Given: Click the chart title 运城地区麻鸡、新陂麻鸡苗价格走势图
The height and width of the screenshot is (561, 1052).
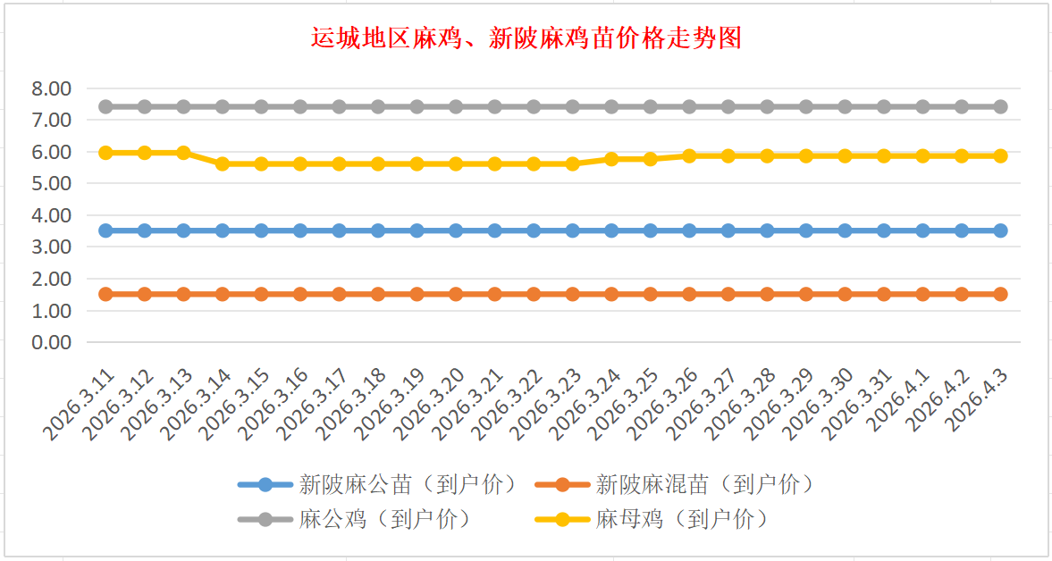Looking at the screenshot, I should coord(526,38).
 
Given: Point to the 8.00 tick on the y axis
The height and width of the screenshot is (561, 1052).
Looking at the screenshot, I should coord(51,88).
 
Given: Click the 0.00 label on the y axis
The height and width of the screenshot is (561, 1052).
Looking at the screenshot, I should coord(51,342).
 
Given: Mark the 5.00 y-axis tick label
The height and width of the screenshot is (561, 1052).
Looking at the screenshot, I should coord(51,184).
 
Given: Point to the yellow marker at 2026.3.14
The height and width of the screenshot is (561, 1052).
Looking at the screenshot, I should coord(223,163).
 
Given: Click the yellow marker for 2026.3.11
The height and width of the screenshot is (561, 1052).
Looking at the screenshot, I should coord(105,153).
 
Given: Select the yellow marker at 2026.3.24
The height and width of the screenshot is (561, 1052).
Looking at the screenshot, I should coord(611,159).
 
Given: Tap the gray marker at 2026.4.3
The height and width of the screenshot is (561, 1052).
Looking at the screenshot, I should coord(1001,107).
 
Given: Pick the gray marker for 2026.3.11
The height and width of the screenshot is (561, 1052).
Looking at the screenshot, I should coord(105,107).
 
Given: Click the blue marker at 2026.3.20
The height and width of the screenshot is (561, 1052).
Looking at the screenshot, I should coord(456,230).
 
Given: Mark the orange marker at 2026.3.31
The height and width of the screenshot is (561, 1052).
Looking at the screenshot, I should coord(884,294).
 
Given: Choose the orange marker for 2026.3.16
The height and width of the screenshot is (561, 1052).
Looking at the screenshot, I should coord(300,294).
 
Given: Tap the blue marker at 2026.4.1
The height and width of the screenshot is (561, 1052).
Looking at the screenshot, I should coord(923,230).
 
